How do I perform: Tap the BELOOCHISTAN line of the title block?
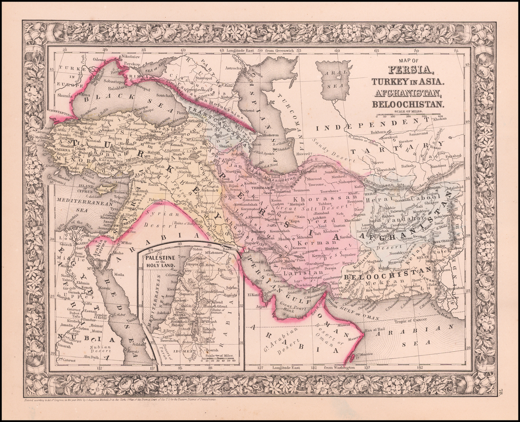click(408, 104)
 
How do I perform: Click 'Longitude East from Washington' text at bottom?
click(322, 367)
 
